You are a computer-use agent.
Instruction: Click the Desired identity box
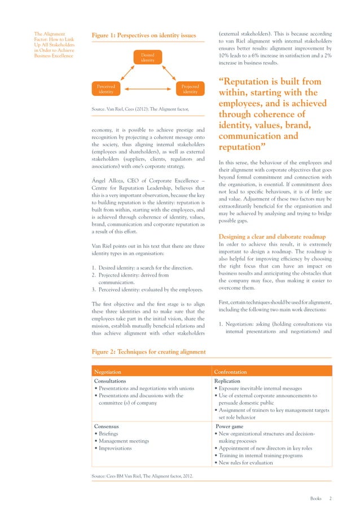(147, 58)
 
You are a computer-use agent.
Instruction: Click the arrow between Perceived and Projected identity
(147, 90)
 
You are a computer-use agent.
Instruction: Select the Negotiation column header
(107, 372)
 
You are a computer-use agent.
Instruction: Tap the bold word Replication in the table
(227, 381)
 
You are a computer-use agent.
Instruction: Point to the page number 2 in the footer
(331, 498)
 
